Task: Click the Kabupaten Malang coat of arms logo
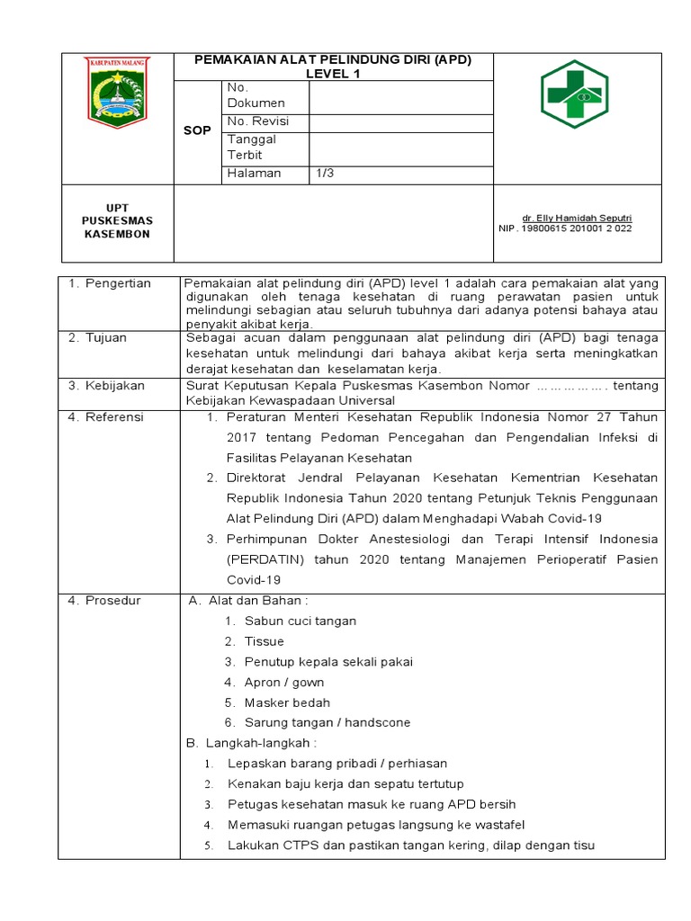pyautogui.click(x=118, y=93)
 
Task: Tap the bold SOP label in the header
pyautogui.click(x=196, y=130)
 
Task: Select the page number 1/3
pyautogui.click(x=324, y=174)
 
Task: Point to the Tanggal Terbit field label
pyautogui.click(x=252, y=147)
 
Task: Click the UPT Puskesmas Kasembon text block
pyautogui.click(x=117, y=220)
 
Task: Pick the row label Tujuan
pyautogui.click(x=110, y=337)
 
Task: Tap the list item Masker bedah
pyautogui.click(x=287, y=702)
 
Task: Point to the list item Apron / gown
pyautogui.click(x=284, y=682)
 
